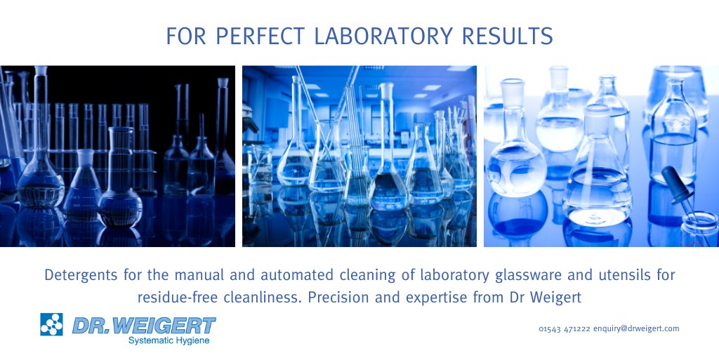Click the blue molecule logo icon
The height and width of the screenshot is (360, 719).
point(51,324)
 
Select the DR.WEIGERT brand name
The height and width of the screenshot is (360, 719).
point(144,325)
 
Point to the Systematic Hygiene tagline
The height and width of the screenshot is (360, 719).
point(169,340)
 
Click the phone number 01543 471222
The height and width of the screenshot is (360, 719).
point(565,328)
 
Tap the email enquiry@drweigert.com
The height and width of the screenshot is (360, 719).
point(636,328)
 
